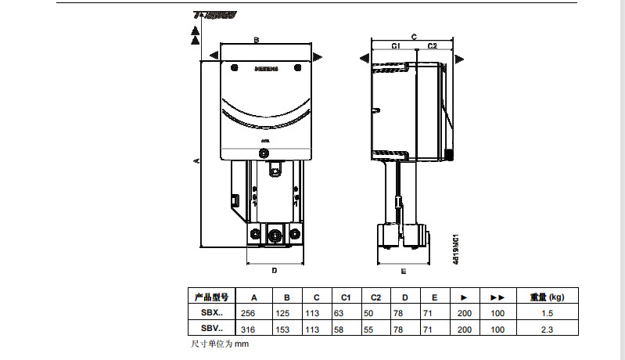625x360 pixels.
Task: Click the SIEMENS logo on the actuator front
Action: click(x=266, y=70)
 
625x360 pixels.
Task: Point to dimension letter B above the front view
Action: click(x=256, y=39)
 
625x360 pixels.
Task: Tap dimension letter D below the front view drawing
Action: click(x=274, y=271)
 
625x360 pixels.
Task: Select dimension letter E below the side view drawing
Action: click(x=403, y=272)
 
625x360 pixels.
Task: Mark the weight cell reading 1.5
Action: click(x=546, y=313)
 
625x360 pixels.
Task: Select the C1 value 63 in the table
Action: click(x=339, y=313)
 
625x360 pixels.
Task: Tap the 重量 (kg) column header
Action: click(x=547, y=297)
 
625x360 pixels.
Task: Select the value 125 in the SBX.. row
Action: click(x=287, y=313)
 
